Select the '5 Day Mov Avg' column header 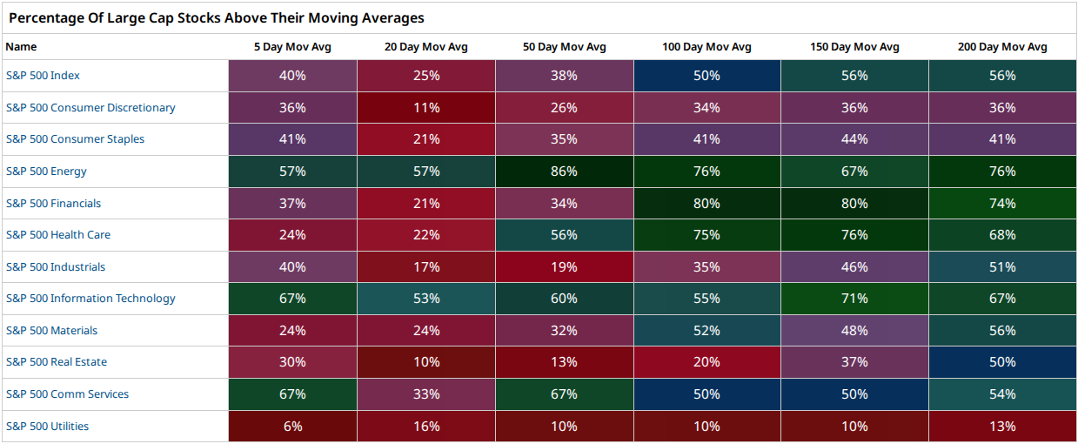click(x=292, y=47)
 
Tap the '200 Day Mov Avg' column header click(x=1002, y=47)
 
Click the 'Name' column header click(x=21, y=47)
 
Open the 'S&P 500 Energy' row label click(x=46, y=172)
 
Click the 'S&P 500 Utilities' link click(x=47, y=427)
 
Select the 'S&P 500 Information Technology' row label click(x=90, y=299)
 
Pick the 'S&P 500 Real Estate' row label click(x=57, y=362)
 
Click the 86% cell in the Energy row click(x=565, y=172)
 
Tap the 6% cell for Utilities click(x=292, y=427)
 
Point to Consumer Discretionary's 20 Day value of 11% click(x=426, y=107)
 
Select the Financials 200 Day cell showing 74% click(x=1002, y=203)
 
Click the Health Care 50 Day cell click(x=565, y=235)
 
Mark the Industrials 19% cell click(x=565, y=266)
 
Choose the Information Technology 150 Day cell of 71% click(x=854, y=299)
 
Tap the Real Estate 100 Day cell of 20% click(x=707, y=362)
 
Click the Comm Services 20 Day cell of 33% click(x=426, y=394)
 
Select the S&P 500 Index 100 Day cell click(x=707, y=76)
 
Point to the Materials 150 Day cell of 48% click(x=854, y=330)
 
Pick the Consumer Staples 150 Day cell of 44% click(x=854, y=139)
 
